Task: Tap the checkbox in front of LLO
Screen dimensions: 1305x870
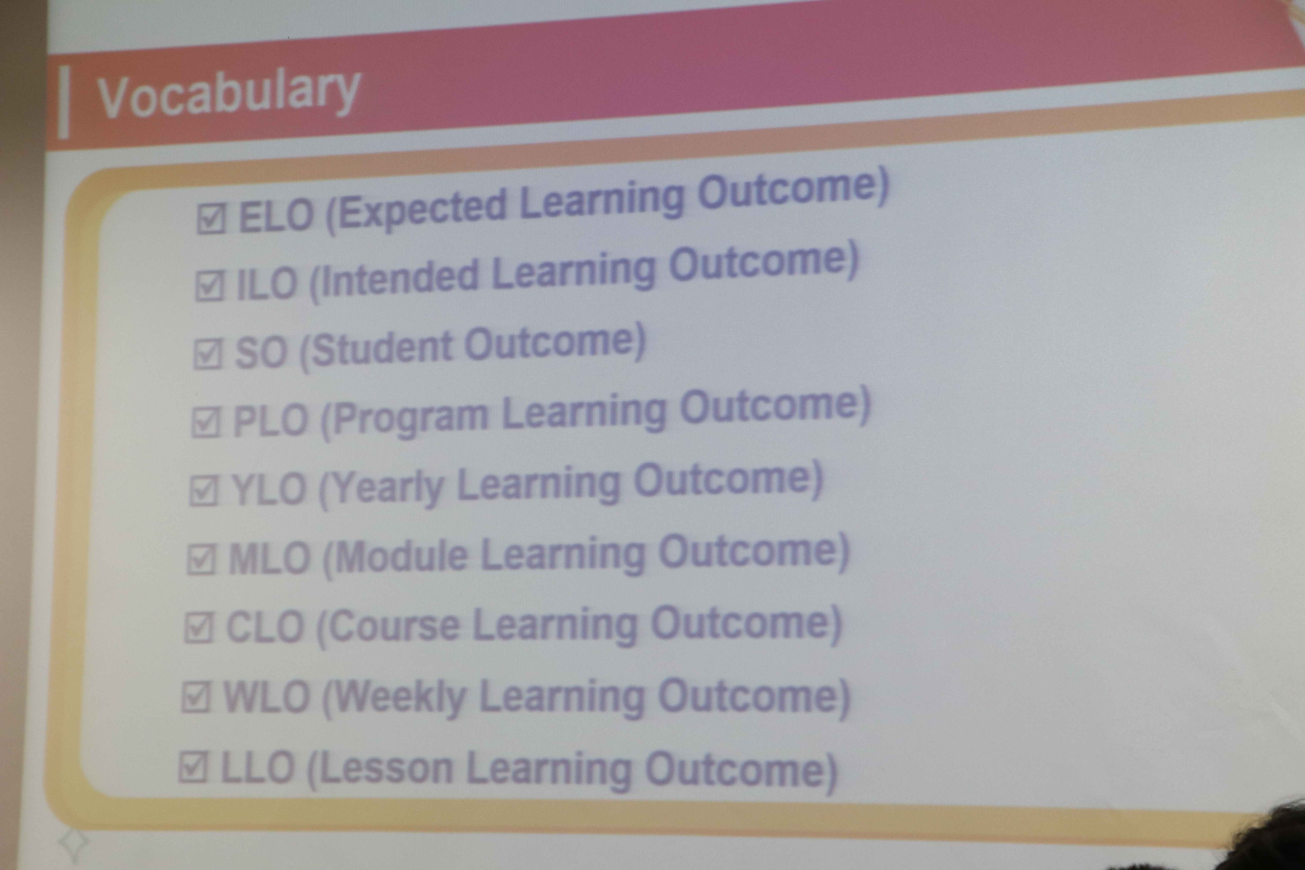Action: coord(193,767)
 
